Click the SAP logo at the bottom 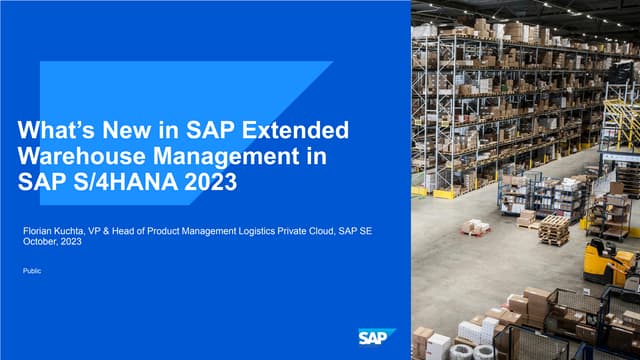[377, 337]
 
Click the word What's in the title [55, 130]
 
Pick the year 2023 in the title [208, 183]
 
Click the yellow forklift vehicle [604, 262]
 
